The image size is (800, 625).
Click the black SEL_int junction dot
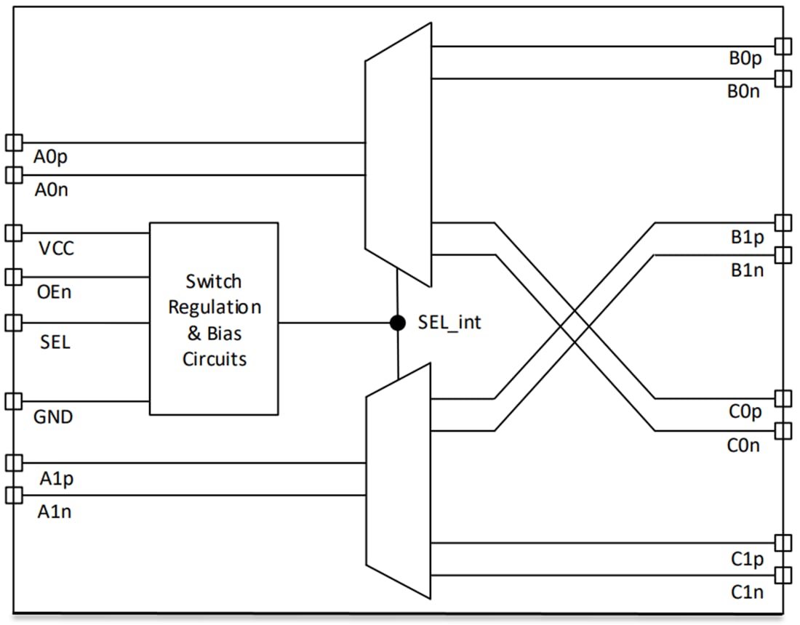pyautogui.click(x=398, y=323)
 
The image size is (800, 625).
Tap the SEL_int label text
pyautogui.click(x=449, y=322)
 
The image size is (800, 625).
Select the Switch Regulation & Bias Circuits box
pyautogui.click(x=214, y=319)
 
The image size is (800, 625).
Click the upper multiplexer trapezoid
pyautogui.click(x=398, y=155)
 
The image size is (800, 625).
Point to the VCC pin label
pyautogui.click(x=56, y=249)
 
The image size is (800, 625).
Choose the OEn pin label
pyautogui.click(x=54, y=293)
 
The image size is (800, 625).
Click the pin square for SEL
pyautogui.click(x=14, y=323)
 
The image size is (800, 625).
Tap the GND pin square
pyautogui.click(x=14, y=401)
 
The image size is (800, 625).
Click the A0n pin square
pyautogui.click(x=14, y=175)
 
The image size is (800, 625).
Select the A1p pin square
pyautogui.click(x=14, y=463)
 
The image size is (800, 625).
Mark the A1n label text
pyautogui.click(x=55, y=512)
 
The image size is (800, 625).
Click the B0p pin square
pyautogui.click(x=783, y=47)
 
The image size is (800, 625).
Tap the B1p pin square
pyautogui.click(x=783, y=222)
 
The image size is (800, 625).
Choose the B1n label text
pyautogui.click(x=748, y=270)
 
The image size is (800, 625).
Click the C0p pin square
pyautogui.click(x=783, y=398)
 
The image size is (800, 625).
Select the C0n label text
pyautogui.click(x=743, y=445)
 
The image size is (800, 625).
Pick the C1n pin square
pyautogui.click(x=783, y=576)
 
